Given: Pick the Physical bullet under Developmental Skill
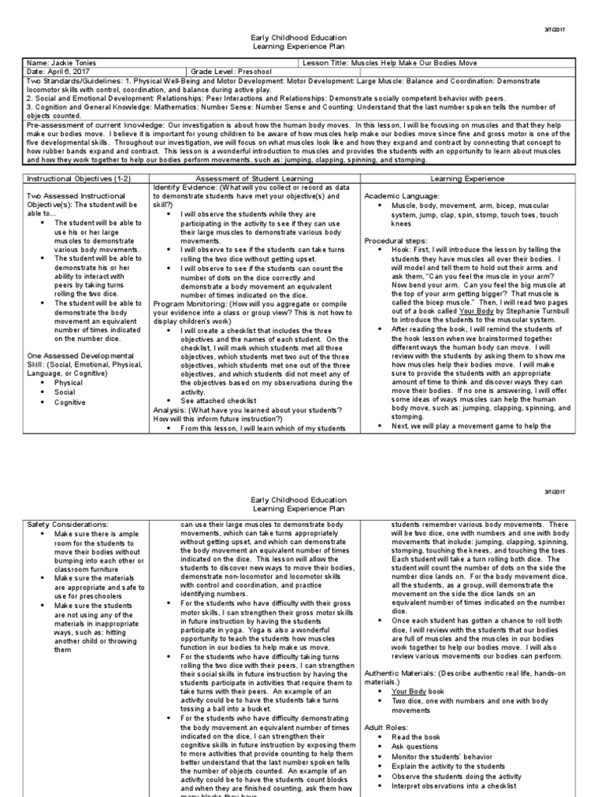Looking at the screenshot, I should [68, 383].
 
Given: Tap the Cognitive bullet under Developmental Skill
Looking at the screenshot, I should [69, 401].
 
